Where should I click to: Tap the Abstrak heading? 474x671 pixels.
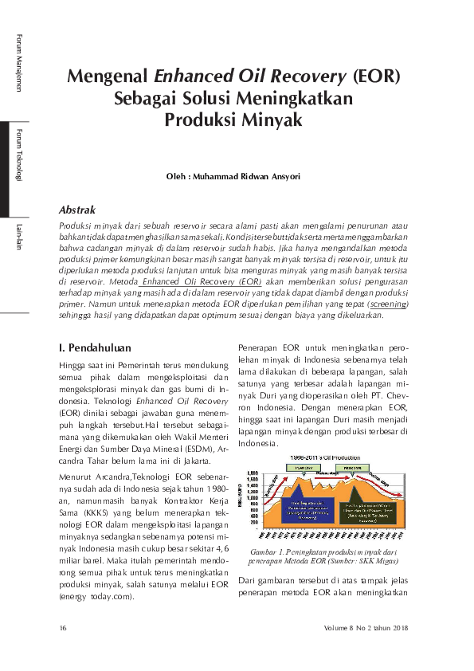78,210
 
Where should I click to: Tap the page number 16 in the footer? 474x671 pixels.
63,629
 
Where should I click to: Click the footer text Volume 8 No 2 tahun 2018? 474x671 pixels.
366,629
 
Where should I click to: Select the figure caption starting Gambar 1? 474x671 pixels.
323,557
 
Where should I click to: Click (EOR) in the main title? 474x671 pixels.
375,77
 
